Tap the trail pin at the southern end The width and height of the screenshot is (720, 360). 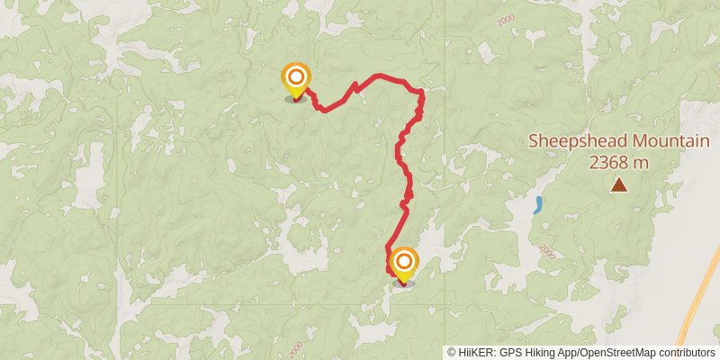click(x=402, y=264)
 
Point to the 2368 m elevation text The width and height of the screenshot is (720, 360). click(x=619, y=162)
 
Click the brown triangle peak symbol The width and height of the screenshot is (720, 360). click(x=619, y=184)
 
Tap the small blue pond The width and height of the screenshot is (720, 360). click(x=538, y=204)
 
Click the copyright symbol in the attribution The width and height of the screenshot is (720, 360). click(x=452, y=353)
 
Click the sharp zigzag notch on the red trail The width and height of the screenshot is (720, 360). click(x=355, y=87)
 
